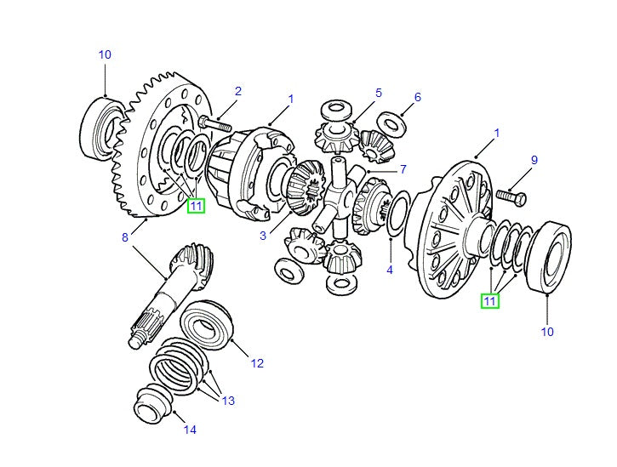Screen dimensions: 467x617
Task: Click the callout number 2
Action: [x=238, y=91]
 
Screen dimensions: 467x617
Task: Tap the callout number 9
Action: [x=534, y=160]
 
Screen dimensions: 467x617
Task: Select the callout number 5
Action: [x=379, y=93]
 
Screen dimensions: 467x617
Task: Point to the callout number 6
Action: [x=418, y=97]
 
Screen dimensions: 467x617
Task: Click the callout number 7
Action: [x=403, y=168]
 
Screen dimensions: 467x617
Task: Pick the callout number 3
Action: [x=263, y=236]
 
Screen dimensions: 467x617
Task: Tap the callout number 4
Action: [x=390, y=271]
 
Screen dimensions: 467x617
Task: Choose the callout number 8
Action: [x=125, y=238]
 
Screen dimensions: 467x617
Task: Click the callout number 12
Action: [x=257, y=363]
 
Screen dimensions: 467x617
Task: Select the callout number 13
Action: [x=227, y=401]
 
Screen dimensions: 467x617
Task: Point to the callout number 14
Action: [x=190, y=430]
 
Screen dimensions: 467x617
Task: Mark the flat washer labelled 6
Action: [x=393, y=124]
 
